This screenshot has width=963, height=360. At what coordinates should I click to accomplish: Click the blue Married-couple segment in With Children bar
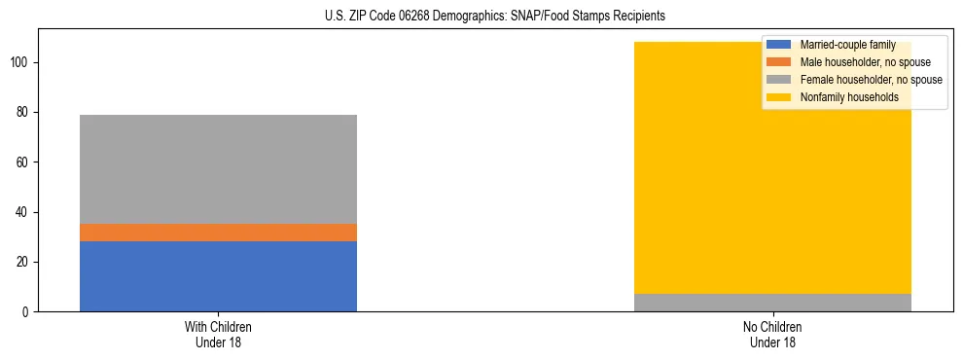coord(218,276)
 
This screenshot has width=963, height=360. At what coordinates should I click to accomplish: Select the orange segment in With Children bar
coord(218,233)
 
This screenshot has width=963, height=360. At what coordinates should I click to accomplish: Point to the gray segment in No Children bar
coord(772,303)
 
